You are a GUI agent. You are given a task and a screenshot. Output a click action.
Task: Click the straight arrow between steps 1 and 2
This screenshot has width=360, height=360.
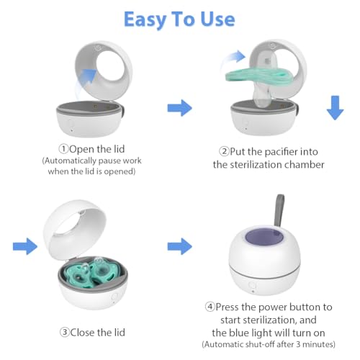pos(180,109)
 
